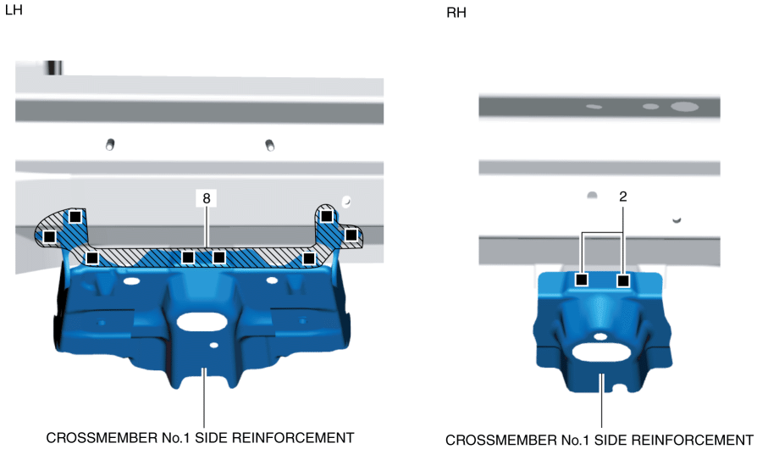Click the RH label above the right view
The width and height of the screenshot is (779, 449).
pyautogui.click(x=456, y=14)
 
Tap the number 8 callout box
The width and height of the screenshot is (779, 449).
pyautogui.click(x=206, y=198)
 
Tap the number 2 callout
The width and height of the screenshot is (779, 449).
pyautogui.click(x=623, y=196)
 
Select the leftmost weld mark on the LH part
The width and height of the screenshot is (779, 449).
pyautogui.click(x=49, y=236)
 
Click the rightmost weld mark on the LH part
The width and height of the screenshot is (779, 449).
pyautogui.click(x=351, y=234)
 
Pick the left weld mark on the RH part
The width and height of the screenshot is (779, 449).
pyautogui.click(x=582, y=280)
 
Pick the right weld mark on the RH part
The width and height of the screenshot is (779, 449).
pyautogui.click(x=623, y=280)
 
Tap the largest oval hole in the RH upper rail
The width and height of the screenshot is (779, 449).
pyautogui.click(x=684, y=107)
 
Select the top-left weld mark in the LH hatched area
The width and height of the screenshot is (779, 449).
pyautogui.click(x=75, y=216)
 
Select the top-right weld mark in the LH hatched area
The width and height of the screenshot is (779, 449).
pyautogui.click(x=326, y=216)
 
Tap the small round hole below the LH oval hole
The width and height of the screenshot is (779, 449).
pyautogui.click(x=213, y=346)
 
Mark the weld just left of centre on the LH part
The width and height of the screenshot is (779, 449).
pyautogui.click(x=189, y=257)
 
